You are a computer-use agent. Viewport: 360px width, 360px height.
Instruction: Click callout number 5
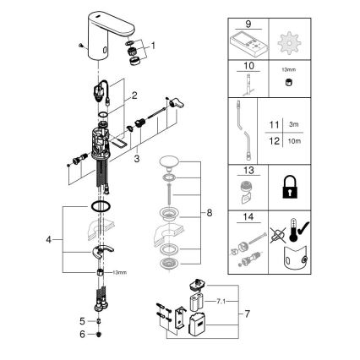click(82, 321)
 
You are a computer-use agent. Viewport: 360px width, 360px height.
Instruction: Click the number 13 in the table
click(248, 172)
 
